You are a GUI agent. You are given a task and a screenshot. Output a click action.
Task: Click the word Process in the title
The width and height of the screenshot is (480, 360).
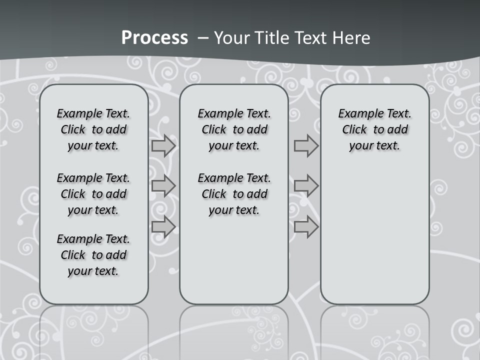[x=154, y=38]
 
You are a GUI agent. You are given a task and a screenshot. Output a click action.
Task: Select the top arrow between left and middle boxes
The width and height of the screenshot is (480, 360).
[x=163, y=146]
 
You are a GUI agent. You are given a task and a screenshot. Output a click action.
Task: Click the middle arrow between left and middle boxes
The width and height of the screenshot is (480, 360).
[x=163, y=186]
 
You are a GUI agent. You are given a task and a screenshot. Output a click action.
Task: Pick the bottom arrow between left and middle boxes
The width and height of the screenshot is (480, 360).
[x=163, y=227]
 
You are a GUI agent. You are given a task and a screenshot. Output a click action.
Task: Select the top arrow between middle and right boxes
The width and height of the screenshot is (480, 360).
[x=306, y=146]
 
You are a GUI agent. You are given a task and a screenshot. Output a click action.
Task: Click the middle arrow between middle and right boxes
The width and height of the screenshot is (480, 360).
[x=306, y=186]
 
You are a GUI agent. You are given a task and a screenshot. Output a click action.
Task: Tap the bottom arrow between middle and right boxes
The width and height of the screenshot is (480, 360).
[x=306, y=227]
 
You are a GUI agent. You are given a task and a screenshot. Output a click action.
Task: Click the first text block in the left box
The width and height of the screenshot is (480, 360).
[x=93, y=129]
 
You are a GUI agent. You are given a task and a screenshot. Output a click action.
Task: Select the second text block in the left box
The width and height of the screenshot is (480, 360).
[x=93, y=194]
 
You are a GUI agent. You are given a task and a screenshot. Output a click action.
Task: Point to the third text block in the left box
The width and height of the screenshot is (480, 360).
[x=93, y=255]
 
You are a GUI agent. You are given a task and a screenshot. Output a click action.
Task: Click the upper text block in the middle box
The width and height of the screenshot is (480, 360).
[x=234, y=129]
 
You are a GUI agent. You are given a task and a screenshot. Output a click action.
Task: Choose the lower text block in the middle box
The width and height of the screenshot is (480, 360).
[x=234, y=194]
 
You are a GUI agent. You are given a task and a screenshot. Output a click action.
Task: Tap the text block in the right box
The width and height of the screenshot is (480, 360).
[x=374, y=129]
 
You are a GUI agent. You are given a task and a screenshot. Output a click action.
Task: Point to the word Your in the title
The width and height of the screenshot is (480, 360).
[x=232, y=38]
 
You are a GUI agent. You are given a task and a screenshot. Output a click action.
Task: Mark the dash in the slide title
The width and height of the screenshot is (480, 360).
[x=202, y=38]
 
